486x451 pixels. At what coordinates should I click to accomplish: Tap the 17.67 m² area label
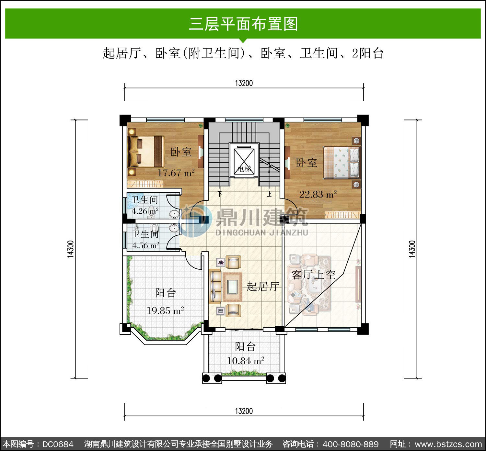coord(176,173)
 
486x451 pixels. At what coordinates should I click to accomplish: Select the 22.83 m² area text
coord(318,194)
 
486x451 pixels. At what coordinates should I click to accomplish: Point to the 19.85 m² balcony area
coord(165,310)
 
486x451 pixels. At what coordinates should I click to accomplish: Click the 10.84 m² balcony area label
coord(246,361)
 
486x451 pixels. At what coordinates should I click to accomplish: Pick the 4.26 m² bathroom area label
coord(145,211)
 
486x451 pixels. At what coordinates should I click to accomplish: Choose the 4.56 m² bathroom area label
coord(145,245)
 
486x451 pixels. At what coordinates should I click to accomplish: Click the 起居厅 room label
coord(263,287)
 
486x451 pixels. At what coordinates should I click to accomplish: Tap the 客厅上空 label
coord(313,275)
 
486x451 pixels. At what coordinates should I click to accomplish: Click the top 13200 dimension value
coord(244,83)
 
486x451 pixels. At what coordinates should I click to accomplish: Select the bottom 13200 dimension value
coord(244,411)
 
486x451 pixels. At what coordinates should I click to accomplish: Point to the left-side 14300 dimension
coord(71,249)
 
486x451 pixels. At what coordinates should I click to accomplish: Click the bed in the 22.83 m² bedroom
coord(342,163)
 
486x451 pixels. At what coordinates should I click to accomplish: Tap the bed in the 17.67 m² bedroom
coord(146,152)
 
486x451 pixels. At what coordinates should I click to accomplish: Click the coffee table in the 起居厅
coord(232,287)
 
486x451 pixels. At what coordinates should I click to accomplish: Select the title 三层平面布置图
coord(244,24)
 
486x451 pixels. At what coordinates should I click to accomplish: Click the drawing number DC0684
coord(58,444)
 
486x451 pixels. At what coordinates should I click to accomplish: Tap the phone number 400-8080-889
coord(351,444)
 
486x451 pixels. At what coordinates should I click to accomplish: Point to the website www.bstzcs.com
coord(448,444)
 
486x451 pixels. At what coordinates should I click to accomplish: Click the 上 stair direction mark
coord(270,194)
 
